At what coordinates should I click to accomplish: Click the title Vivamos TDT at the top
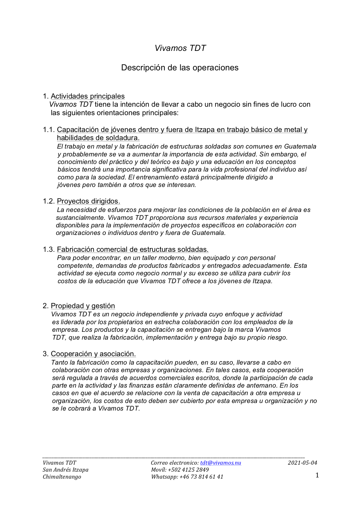pyautogui.click(x=180, y=48)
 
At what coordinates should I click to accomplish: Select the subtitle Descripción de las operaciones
pyautogui.click(x=180, y=67)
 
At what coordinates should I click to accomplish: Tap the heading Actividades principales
pyautogui.click(x=88, y=96)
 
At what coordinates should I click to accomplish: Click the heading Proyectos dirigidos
pyautogui.click(x=88, y=201)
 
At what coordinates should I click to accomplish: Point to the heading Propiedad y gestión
pyautogui.click(x=83, y=306)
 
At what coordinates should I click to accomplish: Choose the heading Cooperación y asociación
pyautogui.click(x=93, y=354)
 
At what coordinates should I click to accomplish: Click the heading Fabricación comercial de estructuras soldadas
pyautogui.click(x=132, y=249)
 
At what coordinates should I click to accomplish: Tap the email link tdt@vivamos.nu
pyautogui.click(x=221, y=463)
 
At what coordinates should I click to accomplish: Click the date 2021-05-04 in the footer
pyautogui.click(x=302, y=463)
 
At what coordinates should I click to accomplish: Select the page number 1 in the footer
pyautogui.click(x=317, y=475)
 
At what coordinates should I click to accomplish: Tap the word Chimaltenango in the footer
pyautogui.click(x=62, y=477)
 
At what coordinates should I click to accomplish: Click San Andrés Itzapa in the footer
pyautogui.click(x=65, y=470)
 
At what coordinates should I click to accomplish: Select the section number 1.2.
pyautogui.click(x=49, y=201)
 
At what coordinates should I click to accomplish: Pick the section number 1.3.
pyautogui.click(x=49, y=249)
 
